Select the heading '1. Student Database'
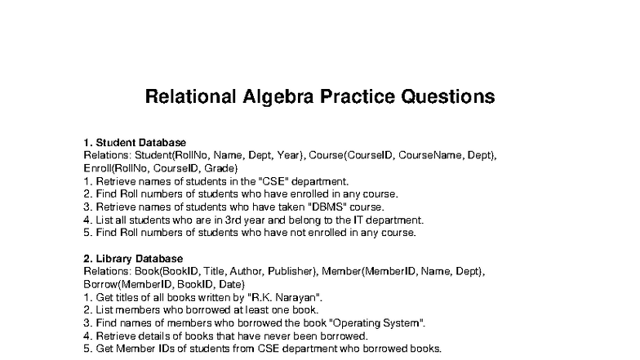tap(135, 142)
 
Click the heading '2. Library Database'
tap(133, 259)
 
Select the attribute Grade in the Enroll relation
tap(223, 167)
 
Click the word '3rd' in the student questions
tap(226, 220)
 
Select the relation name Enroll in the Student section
tap(99, 167)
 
